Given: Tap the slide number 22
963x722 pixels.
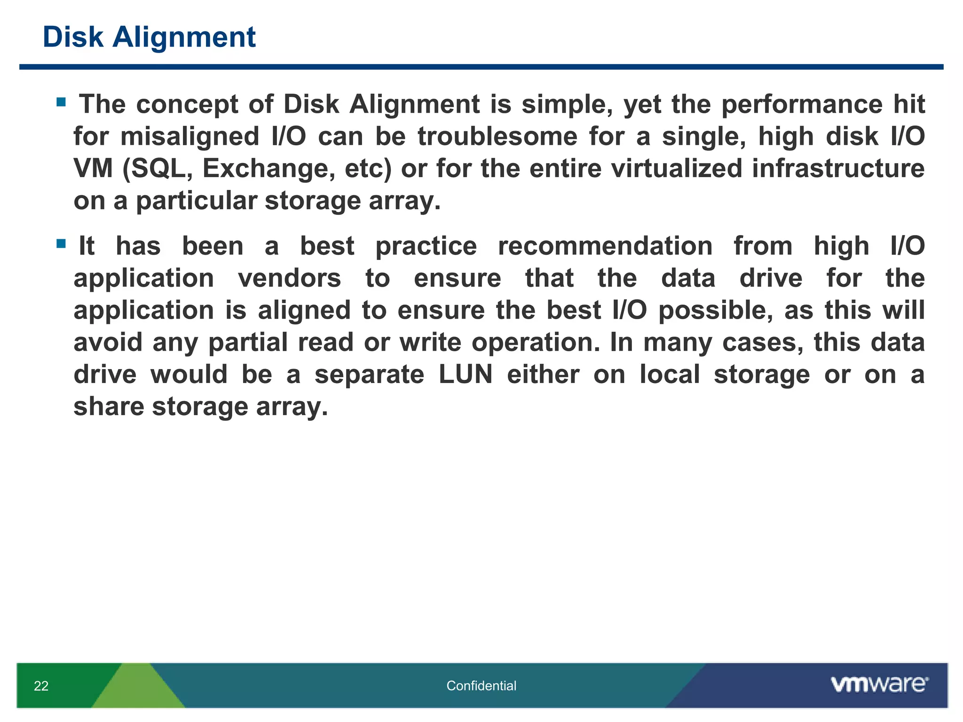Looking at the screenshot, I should pos(41,686).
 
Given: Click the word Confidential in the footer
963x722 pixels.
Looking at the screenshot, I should pos(481,686).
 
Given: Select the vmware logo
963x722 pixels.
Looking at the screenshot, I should pos(879,684).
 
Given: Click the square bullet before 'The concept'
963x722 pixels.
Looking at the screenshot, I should pos(61,102).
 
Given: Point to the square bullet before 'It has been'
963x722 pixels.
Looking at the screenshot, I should pos(61,243).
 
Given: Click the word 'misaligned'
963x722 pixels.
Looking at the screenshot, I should pos(189,136).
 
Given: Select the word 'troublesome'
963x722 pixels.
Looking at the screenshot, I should pos(497,136).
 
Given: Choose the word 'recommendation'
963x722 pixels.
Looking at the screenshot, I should pos(605,246).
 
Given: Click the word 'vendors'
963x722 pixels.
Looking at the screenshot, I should pos(289,278).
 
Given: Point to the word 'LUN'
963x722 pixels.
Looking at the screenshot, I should pos(466,375).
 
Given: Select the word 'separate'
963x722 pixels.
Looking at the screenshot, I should pos(369,375).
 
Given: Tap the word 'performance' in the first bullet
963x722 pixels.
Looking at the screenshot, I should pos(802,104).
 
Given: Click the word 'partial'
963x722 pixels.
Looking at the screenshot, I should pos(248,342).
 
